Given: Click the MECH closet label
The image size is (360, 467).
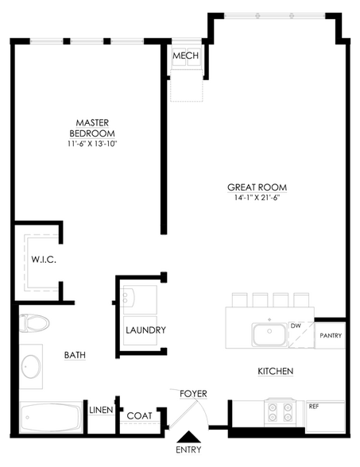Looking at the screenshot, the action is point(185,56).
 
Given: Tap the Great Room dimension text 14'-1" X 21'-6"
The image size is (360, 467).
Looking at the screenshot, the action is point(257,198).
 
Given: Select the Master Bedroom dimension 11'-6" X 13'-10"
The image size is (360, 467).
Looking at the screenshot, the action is point(92,144).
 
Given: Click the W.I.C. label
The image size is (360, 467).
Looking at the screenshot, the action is point(44,260).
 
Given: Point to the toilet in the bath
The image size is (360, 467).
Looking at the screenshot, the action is point(34,323).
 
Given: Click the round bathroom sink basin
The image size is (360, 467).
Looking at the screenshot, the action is point(31,366).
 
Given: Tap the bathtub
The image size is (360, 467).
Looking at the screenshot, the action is point(51,417).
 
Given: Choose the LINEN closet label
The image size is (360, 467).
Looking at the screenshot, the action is point(102,410).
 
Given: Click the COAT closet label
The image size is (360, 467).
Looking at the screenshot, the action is point(139,416).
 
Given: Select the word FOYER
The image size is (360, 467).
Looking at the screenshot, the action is point(193,394).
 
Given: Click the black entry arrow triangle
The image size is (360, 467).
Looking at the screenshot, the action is point(188,436).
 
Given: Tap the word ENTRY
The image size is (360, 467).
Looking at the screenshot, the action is point(188,450).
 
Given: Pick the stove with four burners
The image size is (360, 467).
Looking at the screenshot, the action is point(280,412).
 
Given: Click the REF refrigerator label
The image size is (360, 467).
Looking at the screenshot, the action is point(314,407).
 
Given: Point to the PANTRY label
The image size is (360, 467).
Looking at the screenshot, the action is point(331,336).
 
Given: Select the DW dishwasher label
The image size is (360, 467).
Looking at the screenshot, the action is point(296,326).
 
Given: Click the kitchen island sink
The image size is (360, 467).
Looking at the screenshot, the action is point(269,334).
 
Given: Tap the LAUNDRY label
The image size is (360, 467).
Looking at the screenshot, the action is point(145,330).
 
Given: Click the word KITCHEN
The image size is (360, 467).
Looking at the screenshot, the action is point(275,371).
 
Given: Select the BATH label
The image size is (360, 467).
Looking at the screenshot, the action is point(75,355).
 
